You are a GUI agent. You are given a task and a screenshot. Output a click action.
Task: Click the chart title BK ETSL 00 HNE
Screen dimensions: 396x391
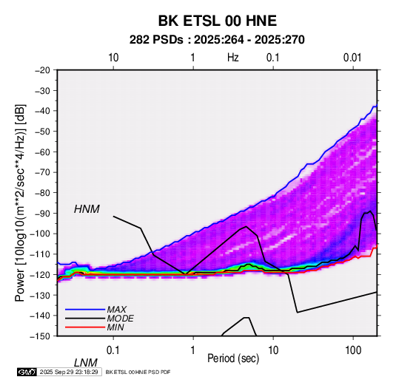pos(218,21)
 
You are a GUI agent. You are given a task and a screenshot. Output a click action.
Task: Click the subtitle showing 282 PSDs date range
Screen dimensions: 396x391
pos(217,40)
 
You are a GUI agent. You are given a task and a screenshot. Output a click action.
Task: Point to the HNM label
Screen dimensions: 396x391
pos(87,209)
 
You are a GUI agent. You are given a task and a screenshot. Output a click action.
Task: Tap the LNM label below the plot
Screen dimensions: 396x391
pos(86,363)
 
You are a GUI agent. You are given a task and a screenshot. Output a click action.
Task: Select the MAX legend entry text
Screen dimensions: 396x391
pos(117,310)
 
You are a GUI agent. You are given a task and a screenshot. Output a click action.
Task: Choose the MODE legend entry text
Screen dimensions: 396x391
pos(120,319)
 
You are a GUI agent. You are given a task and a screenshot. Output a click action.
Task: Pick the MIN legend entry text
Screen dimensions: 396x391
pos(115,327)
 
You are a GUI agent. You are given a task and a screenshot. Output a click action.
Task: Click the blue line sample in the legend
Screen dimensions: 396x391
pos(85,310)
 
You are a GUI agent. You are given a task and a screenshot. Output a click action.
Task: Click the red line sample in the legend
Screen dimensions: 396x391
pos(85,327)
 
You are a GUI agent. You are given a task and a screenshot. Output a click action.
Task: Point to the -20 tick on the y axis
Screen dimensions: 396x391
pos(42,70)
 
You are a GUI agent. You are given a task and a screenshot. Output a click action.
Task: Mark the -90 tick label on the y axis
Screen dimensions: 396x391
pos(42,213)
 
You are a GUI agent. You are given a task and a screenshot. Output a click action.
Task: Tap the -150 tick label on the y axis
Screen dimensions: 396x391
pos(41,336)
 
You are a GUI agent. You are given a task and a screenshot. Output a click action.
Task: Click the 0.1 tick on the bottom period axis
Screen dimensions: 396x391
pos(113,350)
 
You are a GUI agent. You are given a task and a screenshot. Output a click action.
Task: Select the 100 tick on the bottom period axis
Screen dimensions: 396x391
pos(353,350)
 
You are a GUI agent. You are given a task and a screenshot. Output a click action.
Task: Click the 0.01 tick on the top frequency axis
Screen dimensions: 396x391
pos(352,58)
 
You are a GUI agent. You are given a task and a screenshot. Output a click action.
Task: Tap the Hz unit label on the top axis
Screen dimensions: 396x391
pos(233,58)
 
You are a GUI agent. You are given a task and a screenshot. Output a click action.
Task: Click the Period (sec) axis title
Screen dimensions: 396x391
pos(233,358)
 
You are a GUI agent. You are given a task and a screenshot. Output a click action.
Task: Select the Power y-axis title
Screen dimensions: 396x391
pos(20,203)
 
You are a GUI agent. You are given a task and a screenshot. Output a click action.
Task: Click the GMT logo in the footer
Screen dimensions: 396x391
pos(27,372)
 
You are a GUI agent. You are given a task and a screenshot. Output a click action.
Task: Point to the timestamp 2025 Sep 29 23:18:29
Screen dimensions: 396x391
pos(69,372)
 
